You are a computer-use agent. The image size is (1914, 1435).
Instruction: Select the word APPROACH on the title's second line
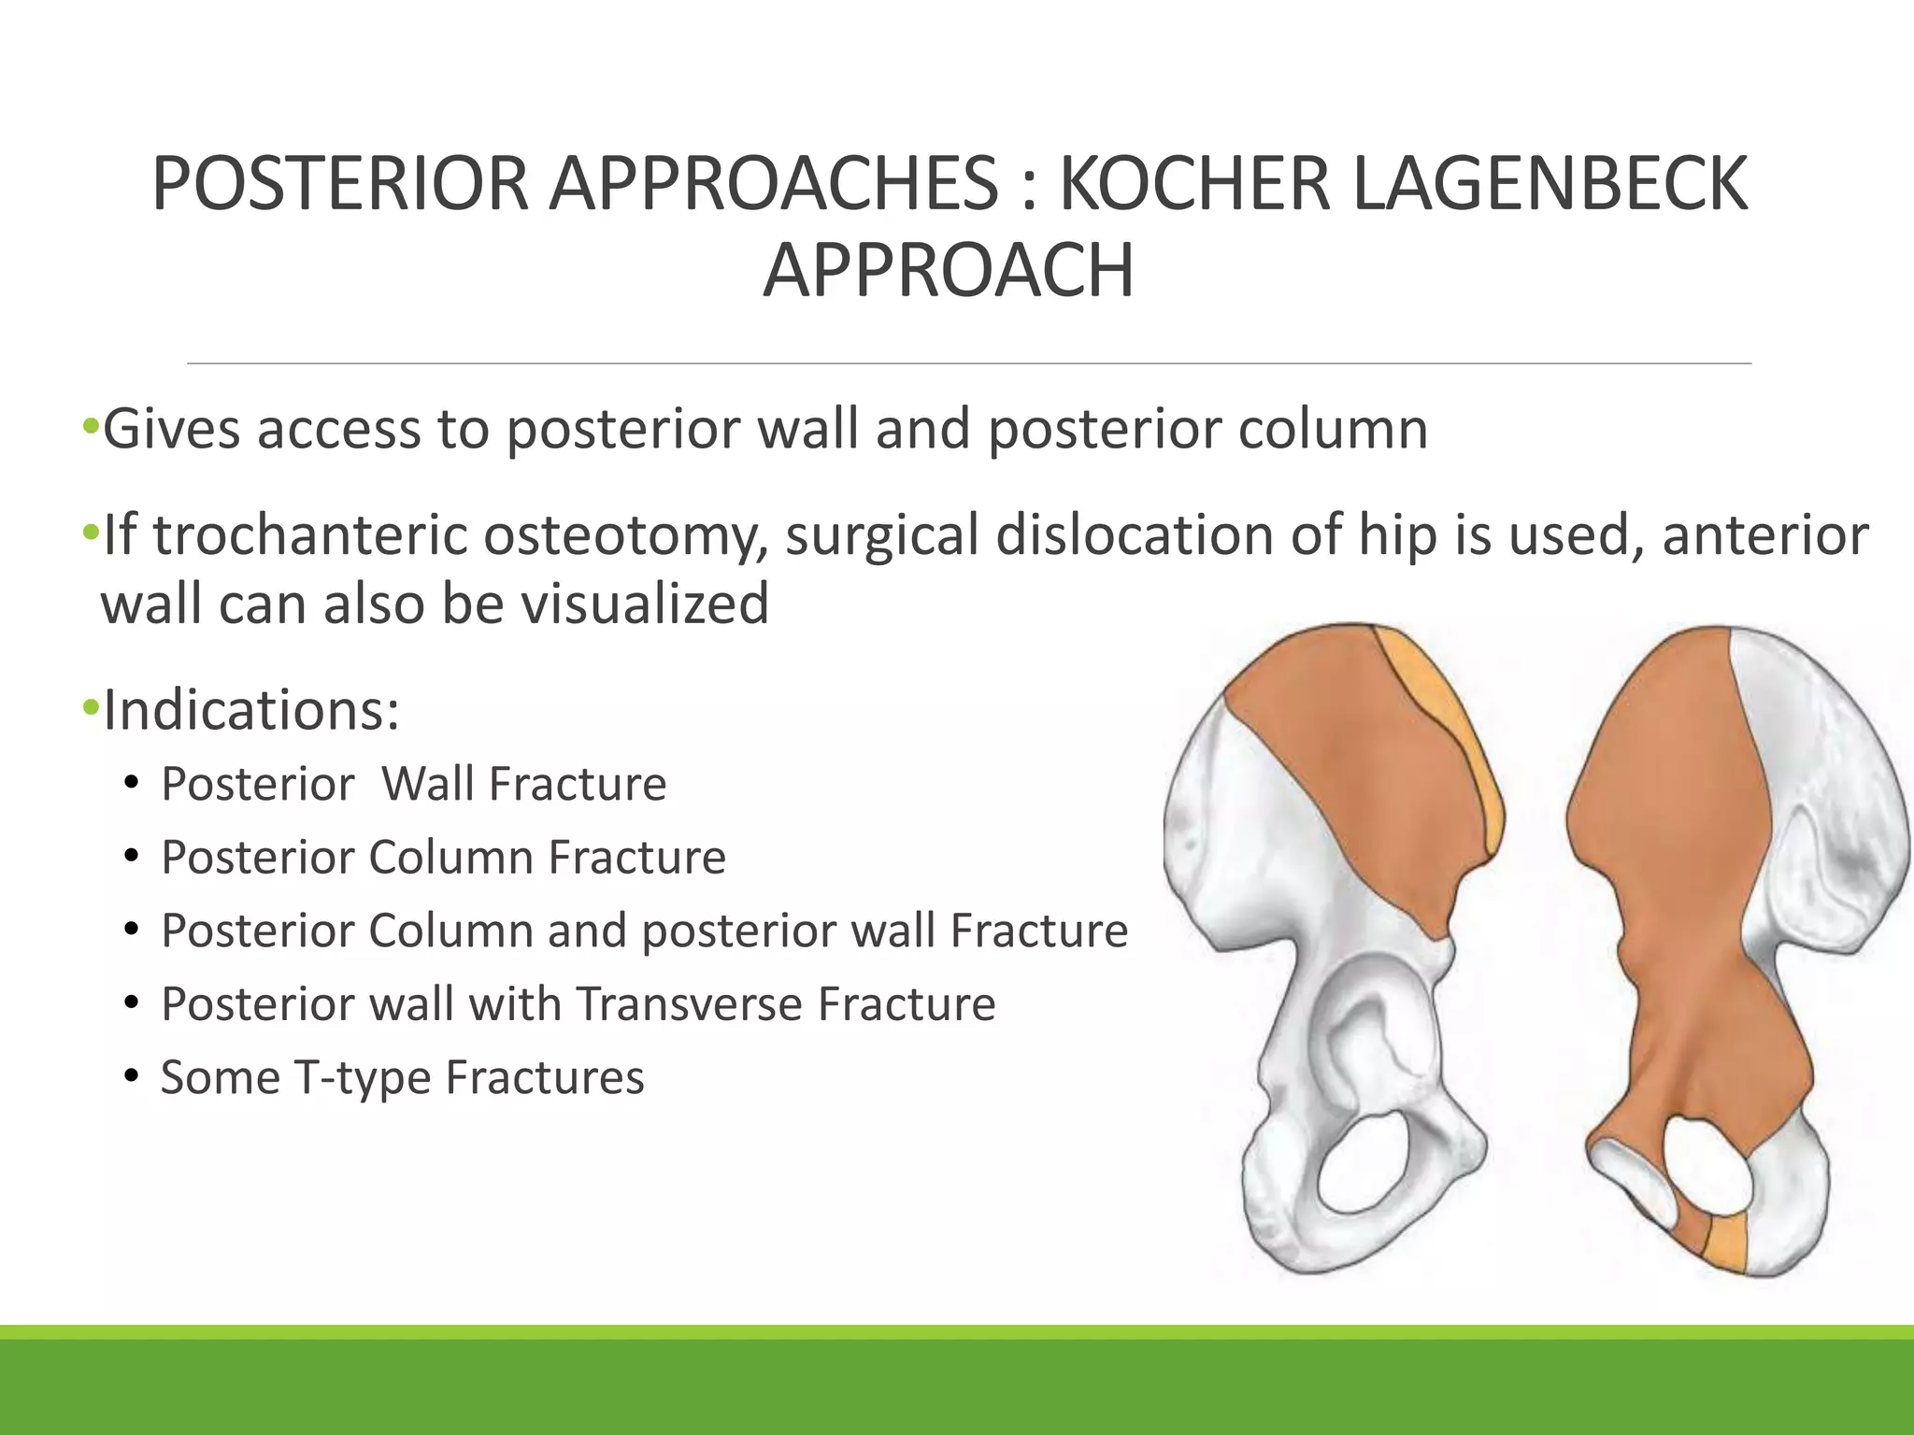(x=949, y=271)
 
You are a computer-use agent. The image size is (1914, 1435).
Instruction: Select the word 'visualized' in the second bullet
(x=645, y=604)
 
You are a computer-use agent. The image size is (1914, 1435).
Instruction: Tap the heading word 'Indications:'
(x=251, y=710)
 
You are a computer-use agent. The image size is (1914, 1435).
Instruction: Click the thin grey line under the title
(x=968, y=362)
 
